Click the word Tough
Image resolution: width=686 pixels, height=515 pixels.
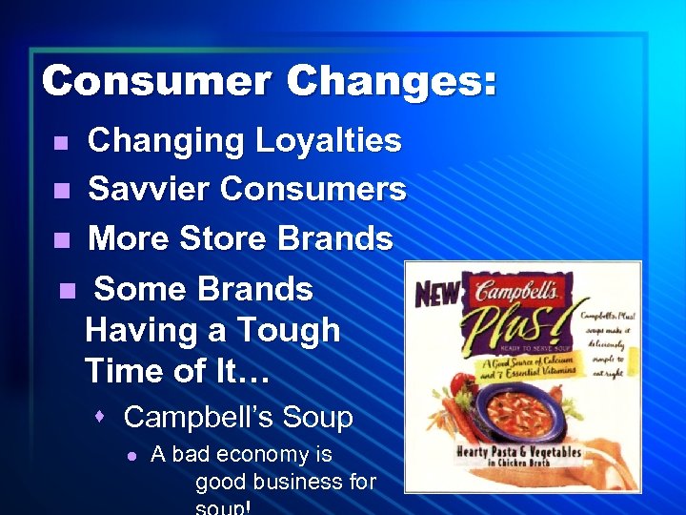(x=291, y=330)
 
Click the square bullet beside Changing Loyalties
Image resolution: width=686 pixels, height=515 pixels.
(x=61, y=143)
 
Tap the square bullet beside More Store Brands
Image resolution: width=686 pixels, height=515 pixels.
(x=61, y=239)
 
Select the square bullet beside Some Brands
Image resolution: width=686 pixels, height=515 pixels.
(x=66, y=290)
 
